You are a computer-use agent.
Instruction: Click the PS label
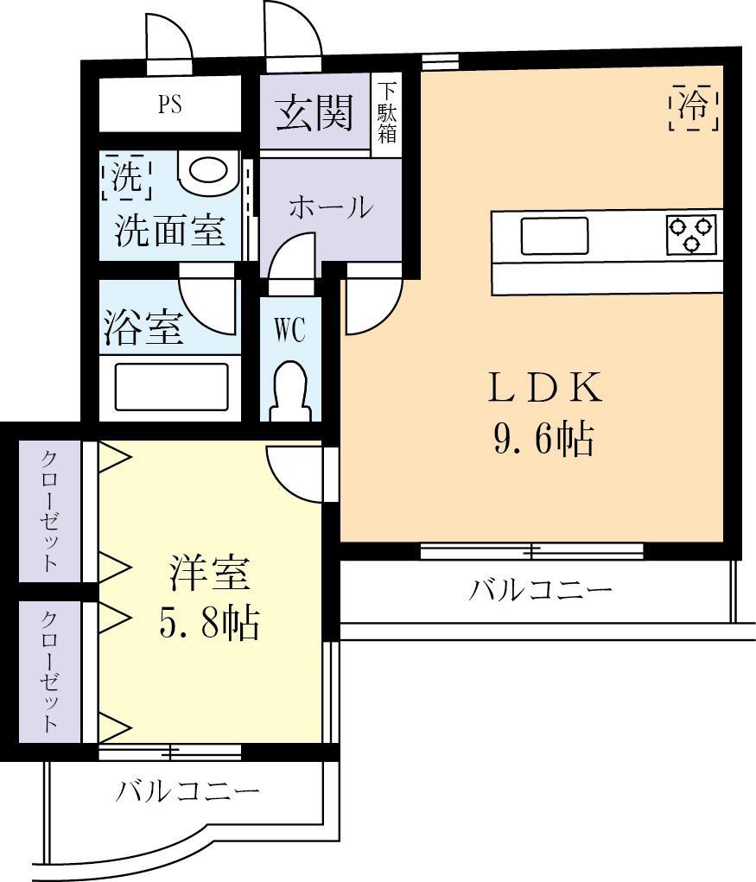coord(169,105)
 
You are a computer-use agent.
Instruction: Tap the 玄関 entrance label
coord(314,113)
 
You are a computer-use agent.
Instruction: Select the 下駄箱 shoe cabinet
coord(386,113)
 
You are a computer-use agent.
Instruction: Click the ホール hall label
coord(330,208)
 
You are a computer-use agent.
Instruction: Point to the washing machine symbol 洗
coord(126,175)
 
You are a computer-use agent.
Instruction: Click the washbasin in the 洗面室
coord(208,172)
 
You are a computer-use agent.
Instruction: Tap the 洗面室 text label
coord(170,232)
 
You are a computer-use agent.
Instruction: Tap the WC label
coord(289,329)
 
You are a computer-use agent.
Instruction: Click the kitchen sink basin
coord(554,235)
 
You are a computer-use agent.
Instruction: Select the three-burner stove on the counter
coord(691,234)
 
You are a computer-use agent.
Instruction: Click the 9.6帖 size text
coord(543,440)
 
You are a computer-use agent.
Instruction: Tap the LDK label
coord(543,390)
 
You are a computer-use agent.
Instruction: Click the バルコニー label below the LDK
coord(541,591)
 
